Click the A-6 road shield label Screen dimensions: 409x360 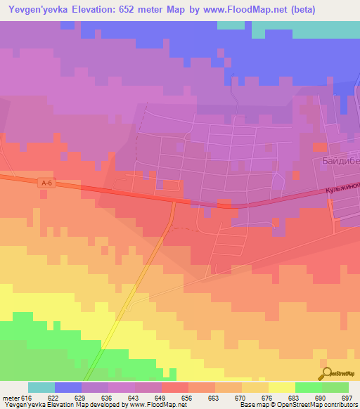point(47,183)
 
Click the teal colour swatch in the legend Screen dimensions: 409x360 point(41,387)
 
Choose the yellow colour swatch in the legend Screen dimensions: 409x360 point(281,387)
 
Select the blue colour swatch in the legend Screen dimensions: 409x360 point(67,387)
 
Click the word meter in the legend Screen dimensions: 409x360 point(11,397)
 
